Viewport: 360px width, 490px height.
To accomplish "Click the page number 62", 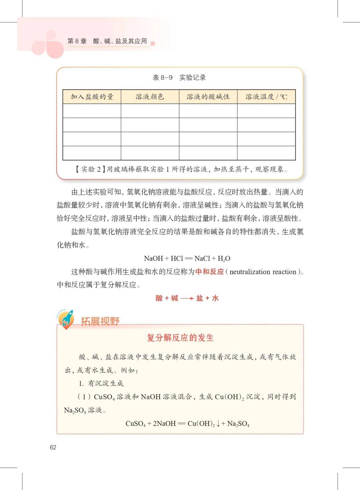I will point(53,447).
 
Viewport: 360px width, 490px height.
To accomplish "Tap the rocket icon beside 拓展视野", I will point(66,319).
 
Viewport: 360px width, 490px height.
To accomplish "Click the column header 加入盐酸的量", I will point(92,97).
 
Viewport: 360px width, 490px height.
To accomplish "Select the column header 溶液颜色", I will point(150,97).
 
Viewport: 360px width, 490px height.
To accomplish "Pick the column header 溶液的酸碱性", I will point(208,97).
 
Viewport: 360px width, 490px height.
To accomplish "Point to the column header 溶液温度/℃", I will point(266,97).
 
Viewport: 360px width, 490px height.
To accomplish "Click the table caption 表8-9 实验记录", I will point(179,78).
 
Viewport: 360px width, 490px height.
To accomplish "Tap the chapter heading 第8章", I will point(77,41).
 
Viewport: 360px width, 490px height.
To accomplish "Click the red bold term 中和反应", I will point(209,272).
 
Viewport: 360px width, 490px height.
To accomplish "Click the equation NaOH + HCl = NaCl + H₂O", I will point(187,258).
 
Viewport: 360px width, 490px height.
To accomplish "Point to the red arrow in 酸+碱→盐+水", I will point(187,298).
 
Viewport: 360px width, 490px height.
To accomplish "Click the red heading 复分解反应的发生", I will point(180,338).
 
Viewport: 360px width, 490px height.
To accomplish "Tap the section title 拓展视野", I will point(100,321).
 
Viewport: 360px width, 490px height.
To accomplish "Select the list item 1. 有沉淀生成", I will point(101,383).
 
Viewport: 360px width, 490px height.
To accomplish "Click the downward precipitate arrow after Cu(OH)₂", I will point(218,424).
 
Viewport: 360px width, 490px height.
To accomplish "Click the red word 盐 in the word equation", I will point(200,298).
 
